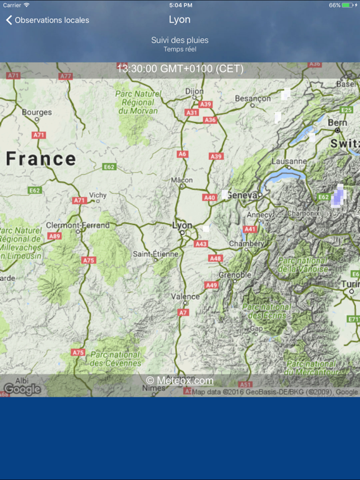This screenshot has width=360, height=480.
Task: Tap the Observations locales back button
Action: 47,20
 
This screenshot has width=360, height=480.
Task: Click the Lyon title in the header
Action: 180,19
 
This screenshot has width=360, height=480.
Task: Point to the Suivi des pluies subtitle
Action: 180,40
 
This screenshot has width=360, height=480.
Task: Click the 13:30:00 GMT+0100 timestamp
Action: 180,68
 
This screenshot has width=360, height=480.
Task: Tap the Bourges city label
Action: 37,112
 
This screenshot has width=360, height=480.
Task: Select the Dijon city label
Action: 194,91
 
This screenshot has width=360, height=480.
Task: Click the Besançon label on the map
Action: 253,98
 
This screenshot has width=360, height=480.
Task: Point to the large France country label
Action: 41,159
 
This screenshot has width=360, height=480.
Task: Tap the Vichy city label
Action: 98,194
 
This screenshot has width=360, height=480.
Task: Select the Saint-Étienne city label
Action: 156,254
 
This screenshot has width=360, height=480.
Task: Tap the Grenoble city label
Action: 235,275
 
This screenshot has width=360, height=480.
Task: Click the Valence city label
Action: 186,296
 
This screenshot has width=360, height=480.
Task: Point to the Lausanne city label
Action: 289,161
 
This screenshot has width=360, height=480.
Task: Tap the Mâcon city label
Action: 182,180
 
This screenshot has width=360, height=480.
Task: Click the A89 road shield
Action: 55,236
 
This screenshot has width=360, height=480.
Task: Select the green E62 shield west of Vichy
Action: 34,190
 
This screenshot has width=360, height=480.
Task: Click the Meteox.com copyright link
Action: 180,381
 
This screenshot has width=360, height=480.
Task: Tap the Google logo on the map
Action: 22,389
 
